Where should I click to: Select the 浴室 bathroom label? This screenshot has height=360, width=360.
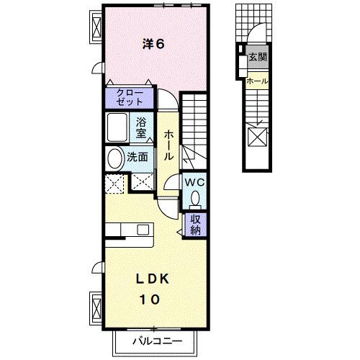pyautogui.click(x=142, y=127)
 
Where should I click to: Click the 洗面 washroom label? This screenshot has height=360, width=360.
pyautogui.click(x=139, y=156)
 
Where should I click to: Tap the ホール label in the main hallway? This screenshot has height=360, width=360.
pyautogui.click(x=168, y=145)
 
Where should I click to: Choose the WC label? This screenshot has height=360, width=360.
pyautogui.click(x=196, y=182)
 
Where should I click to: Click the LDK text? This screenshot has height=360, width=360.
pyautogui.click(x=150, y=278)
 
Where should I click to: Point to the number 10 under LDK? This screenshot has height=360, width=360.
pyautogui.click(x=150, y=298)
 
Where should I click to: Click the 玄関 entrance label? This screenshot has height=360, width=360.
pyautogui.click(x=257, y=57)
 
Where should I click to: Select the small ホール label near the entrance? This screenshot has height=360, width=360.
pyautogui.click(x=257, y=81)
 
